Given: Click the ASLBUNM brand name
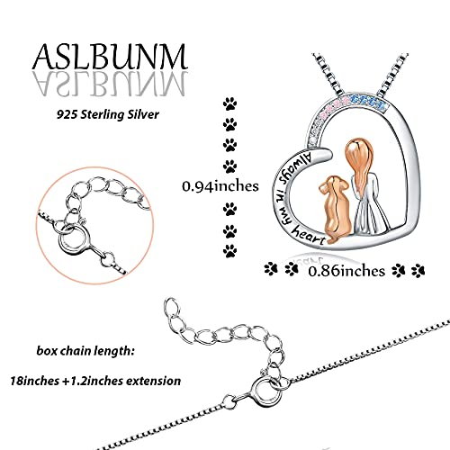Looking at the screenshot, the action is pos(110,57).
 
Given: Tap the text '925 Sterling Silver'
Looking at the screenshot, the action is pos(108,115).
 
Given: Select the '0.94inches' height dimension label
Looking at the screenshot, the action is pos(220,186).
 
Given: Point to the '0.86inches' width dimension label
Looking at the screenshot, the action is pos(346,271).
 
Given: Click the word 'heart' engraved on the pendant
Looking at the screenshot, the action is pos(309,236).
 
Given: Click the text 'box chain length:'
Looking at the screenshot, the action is pos(85,351).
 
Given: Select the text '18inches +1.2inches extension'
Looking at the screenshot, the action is pos(95,381).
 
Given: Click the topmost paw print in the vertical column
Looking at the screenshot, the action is pos(229,103).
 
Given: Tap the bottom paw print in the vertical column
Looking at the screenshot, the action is pos(229,251).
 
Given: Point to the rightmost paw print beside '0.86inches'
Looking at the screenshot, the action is pos(418,270).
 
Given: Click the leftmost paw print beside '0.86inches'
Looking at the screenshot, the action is pos(271,269).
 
